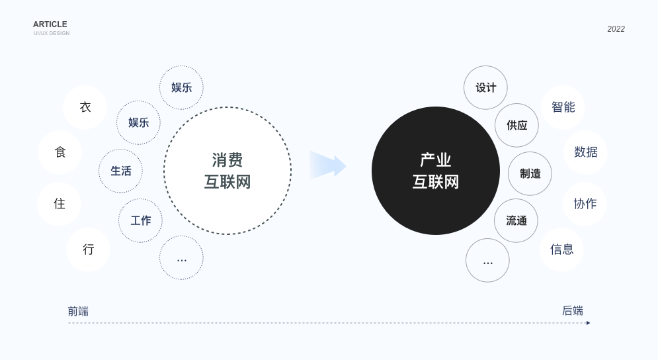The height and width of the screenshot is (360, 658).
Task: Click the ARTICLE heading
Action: [x=50, y=24]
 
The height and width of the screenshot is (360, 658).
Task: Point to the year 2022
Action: [x=616, y=29]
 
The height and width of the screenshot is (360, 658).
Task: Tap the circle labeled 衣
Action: [x=85, y=108]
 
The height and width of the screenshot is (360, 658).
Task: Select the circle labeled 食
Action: [x=60, y=152]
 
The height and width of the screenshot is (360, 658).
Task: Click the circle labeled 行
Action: [x=88, y=249]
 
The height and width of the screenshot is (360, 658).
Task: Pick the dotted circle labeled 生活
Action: [x=120, y=171]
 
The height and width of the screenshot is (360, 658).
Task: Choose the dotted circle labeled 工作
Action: [x=140, y=220]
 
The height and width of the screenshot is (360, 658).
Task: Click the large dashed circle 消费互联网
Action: [x=227, y=171]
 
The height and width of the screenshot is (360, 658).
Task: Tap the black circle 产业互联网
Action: [x=436, y=171]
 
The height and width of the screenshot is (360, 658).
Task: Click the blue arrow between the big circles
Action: [x=328, y=165]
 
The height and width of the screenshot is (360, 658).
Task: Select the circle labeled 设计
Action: [x=485, y=87]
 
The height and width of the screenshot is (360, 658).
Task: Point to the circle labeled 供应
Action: [x=516, y=125]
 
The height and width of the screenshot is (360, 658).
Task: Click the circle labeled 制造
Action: [x=530, y=173]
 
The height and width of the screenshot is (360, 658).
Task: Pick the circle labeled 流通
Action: [x=516, y=220]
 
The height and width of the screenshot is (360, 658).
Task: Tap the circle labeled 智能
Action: [x=563, y=108]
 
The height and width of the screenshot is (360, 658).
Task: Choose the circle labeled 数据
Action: [x=585, y=152]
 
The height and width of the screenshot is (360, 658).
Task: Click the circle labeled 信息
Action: [x=562, y=249]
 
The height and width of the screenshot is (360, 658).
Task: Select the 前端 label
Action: [x=78, y=311]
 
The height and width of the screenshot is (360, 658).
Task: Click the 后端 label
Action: [x=573, y=311]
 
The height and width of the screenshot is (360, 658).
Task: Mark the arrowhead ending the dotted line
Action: [x=589, y=323]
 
